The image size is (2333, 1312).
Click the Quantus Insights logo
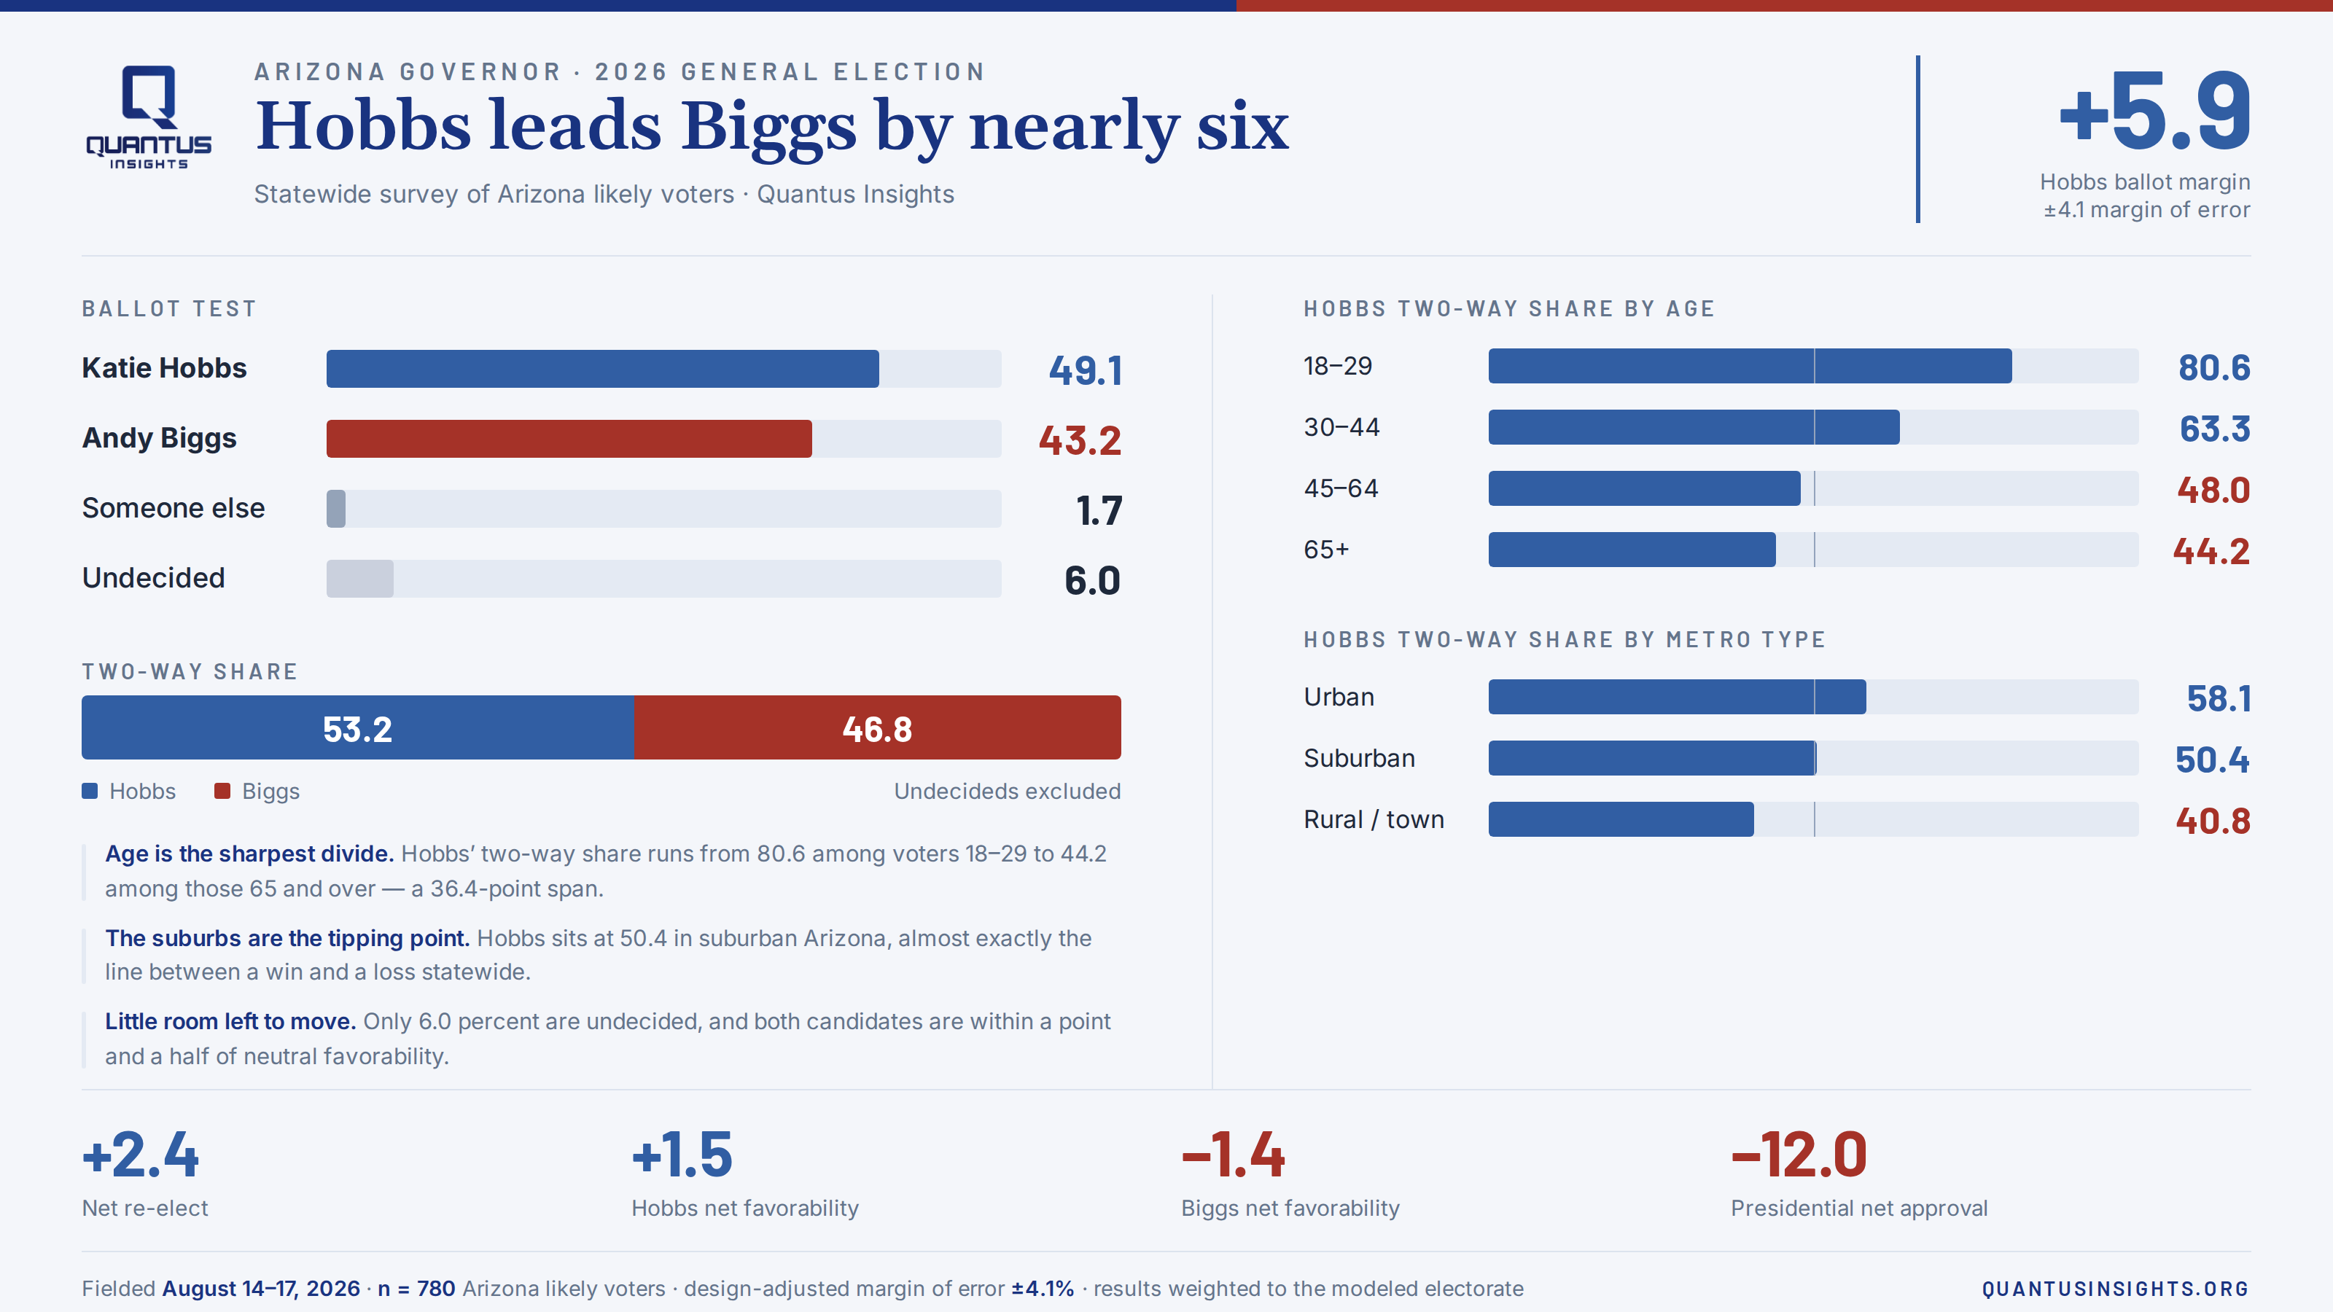(x=149, y=117)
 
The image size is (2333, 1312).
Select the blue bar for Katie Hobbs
(x=602, y=369)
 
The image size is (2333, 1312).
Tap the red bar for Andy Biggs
(x=569, y=438)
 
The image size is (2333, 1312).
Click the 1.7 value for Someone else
(x=1099, y=511)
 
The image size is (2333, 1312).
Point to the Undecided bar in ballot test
(x=359, y=579)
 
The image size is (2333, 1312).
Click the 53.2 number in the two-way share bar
(x=358, y=729)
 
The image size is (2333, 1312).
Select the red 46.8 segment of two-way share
(x=876, y=727)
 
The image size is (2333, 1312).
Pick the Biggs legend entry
(x=257, y=792)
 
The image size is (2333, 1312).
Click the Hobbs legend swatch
(x=90, y=792)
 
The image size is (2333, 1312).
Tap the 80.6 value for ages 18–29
(x=2213, y=367)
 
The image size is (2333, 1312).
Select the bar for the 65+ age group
(x=1632, y=550)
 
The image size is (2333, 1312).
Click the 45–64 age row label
(x=1341, y=488)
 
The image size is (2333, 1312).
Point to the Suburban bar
(x=1652, y=758)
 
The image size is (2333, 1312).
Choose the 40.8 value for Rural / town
(x=2213, y=820)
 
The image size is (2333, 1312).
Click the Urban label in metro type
(x=1339, y=698)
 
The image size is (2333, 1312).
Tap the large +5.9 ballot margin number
(x=2154, y=112)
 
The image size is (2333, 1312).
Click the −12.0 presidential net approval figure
(x=1799, y=1155)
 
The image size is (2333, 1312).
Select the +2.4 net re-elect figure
(x=141, y=1155)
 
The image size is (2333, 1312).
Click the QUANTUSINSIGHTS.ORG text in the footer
(x=2116, y=1289)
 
